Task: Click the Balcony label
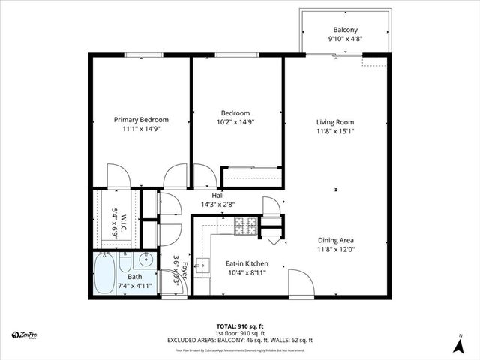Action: tap(345, 31)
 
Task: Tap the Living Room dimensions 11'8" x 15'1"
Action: tap(334, 133)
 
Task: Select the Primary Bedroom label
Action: tap(141, 119)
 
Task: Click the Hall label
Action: tap(217, 195)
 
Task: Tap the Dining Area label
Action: tap(334, 241)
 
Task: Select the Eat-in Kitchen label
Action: tap(247, 264)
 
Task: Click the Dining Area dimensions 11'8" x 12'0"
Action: tap(334, 250)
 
